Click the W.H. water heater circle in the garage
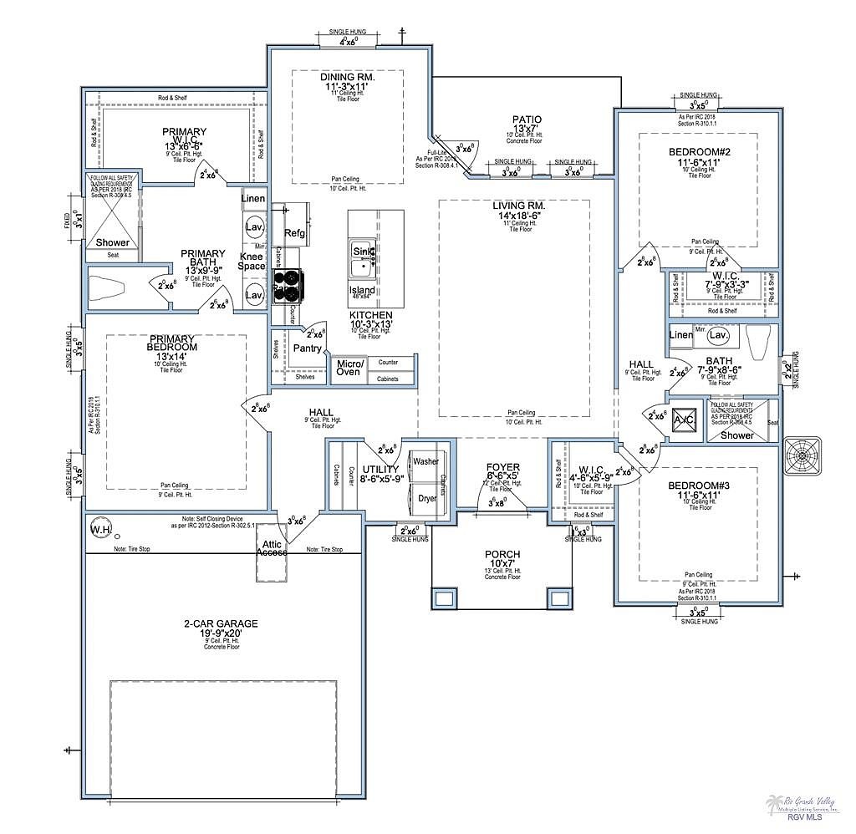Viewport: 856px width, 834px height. point(100,530)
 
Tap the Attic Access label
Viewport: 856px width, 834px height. point(273,548)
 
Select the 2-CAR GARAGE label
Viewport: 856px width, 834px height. point(221,623)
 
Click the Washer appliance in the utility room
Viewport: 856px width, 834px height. point(425,461)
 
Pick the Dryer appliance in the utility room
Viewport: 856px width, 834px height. point(427,498)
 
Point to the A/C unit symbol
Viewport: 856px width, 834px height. point(685,420)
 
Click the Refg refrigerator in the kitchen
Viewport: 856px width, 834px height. point(295,233)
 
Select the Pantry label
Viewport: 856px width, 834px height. point(307,348)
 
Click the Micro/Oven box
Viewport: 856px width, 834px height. point(349,368)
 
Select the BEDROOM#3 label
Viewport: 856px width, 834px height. point(699,486)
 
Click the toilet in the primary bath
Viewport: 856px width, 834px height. point(107,287)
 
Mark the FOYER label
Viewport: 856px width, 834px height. point(503,467)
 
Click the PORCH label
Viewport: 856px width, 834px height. point(502,554)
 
